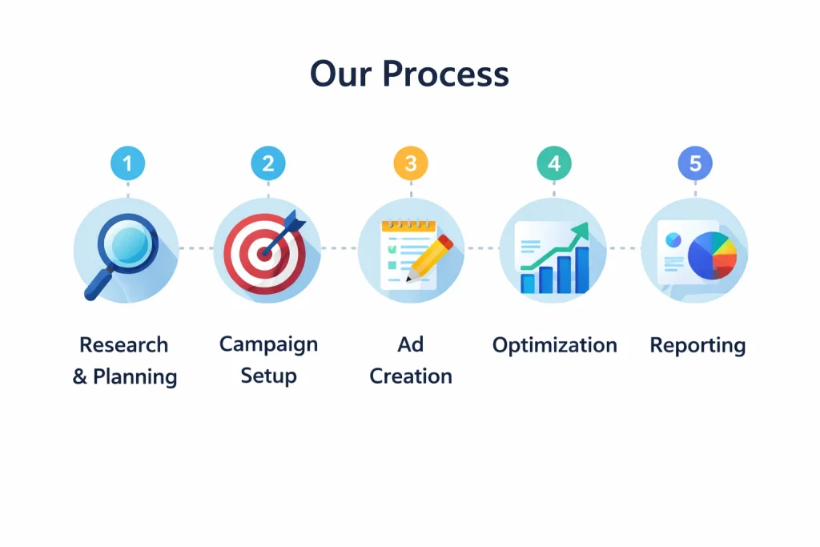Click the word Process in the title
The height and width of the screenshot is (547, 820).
445,74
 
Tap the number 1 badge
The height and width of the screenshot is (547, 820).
127,163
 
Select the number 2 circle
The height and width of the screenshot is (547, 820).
268,163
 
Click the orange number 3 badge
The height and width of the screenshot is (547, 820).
411,163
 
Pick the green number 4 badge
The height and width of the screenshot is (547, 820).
554,163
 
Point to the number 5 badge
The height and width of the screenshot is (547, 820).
695,163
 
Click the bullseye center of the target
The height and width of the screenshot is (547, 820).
264,255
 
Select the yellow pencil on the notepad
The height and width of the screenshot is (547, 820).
430,259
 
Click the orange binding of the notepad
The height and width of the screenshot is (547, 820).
409,226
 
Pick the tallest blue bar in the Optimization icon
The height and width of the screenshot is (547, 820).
581,269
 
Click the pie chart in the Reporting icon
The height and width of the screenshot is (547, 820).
712,255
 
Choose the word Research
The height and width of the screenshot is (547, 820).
124,345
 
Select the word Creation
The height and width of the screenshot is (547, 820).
411,376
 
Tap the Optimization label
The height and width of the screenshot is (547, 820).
555,346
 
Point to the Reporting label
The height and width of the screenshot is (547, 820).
697,346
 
